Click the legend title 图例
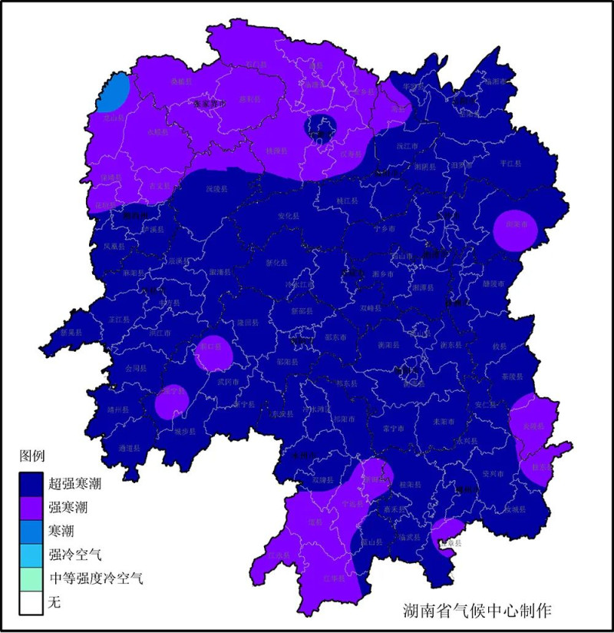coord(33,457)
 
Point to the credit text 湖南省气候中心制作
coord(477,610)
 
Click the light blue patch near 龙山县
coord(115,92)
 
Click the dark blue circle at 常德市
coord(322,127)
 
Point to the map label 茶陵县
coord(510,377)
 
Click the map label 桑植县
coord(181,80)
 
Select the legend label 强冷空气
coord(74,554)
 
